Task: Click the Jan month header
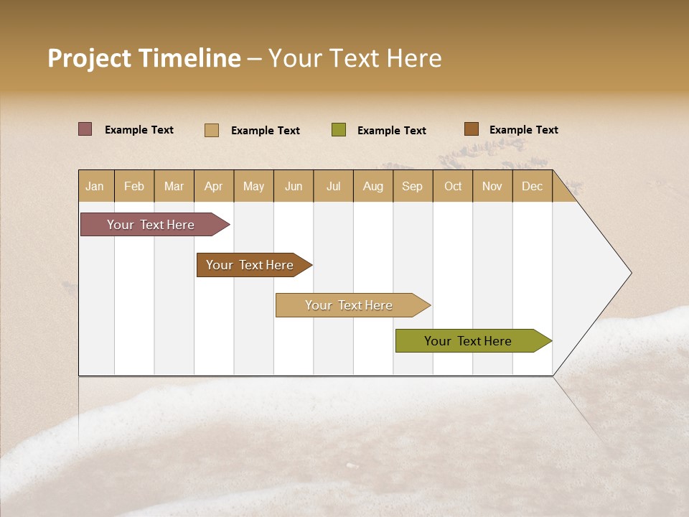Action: point(95,186)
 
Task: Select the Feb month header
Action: point(134,186)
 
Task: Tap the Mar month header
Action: point(174,186)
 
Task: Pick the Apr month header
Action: point(213,186)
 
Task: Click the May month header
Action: point(253,186)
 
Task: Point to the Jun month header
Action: point(294,186)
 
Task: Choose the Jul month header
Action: point(333,186)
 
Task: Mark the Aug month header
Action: point(372,186)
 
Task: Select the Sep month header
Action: point(412,186)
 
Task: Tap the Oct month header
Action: point(453,186)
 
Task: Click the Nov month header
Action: point(492,186)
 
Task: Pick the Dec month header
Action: point(532,186)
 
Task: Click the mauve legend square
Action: point(85,129)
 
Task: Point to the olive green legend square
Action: point(339,130)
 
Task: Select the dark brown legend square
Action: point(471,129)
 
